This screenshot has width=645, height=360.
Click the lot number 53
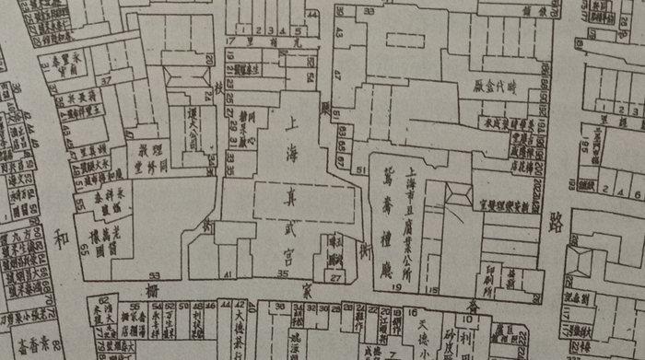(x=155, y=274)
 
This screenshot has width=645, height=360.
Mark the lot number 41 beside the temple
(x=226, y=274)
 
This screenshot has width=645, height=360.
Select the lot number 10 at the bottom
(x=469, y=321)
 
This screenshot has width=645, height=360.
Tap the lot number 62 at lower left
(x=104, y=300)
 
